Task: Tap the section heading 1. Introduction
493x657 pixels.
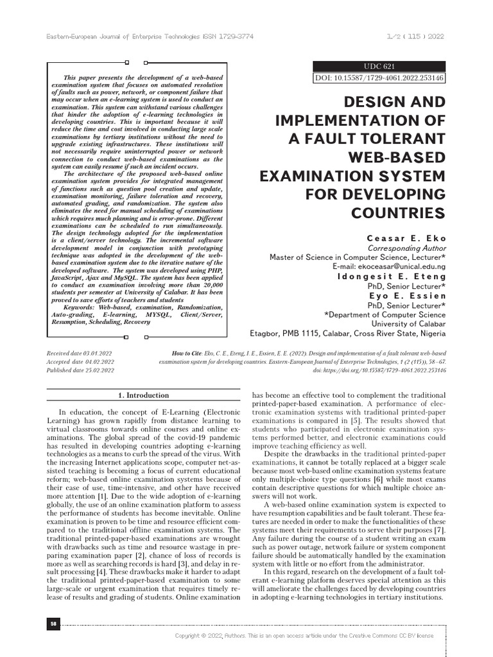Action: [x=144, y=395]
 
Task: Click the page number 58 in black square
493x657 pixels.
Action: [x=53, y=623]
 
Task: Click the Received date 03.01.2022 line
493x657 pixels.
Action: [x=82, y=354]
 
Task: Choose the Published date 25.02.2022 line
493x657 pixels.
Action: [x=82, y=370]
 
